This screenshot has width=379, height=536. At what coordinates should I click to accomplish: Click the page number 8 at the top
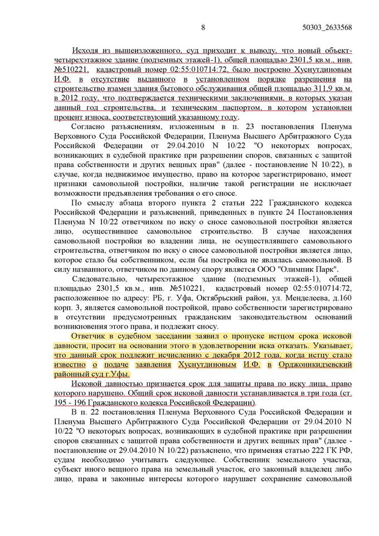click(203, 26)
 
